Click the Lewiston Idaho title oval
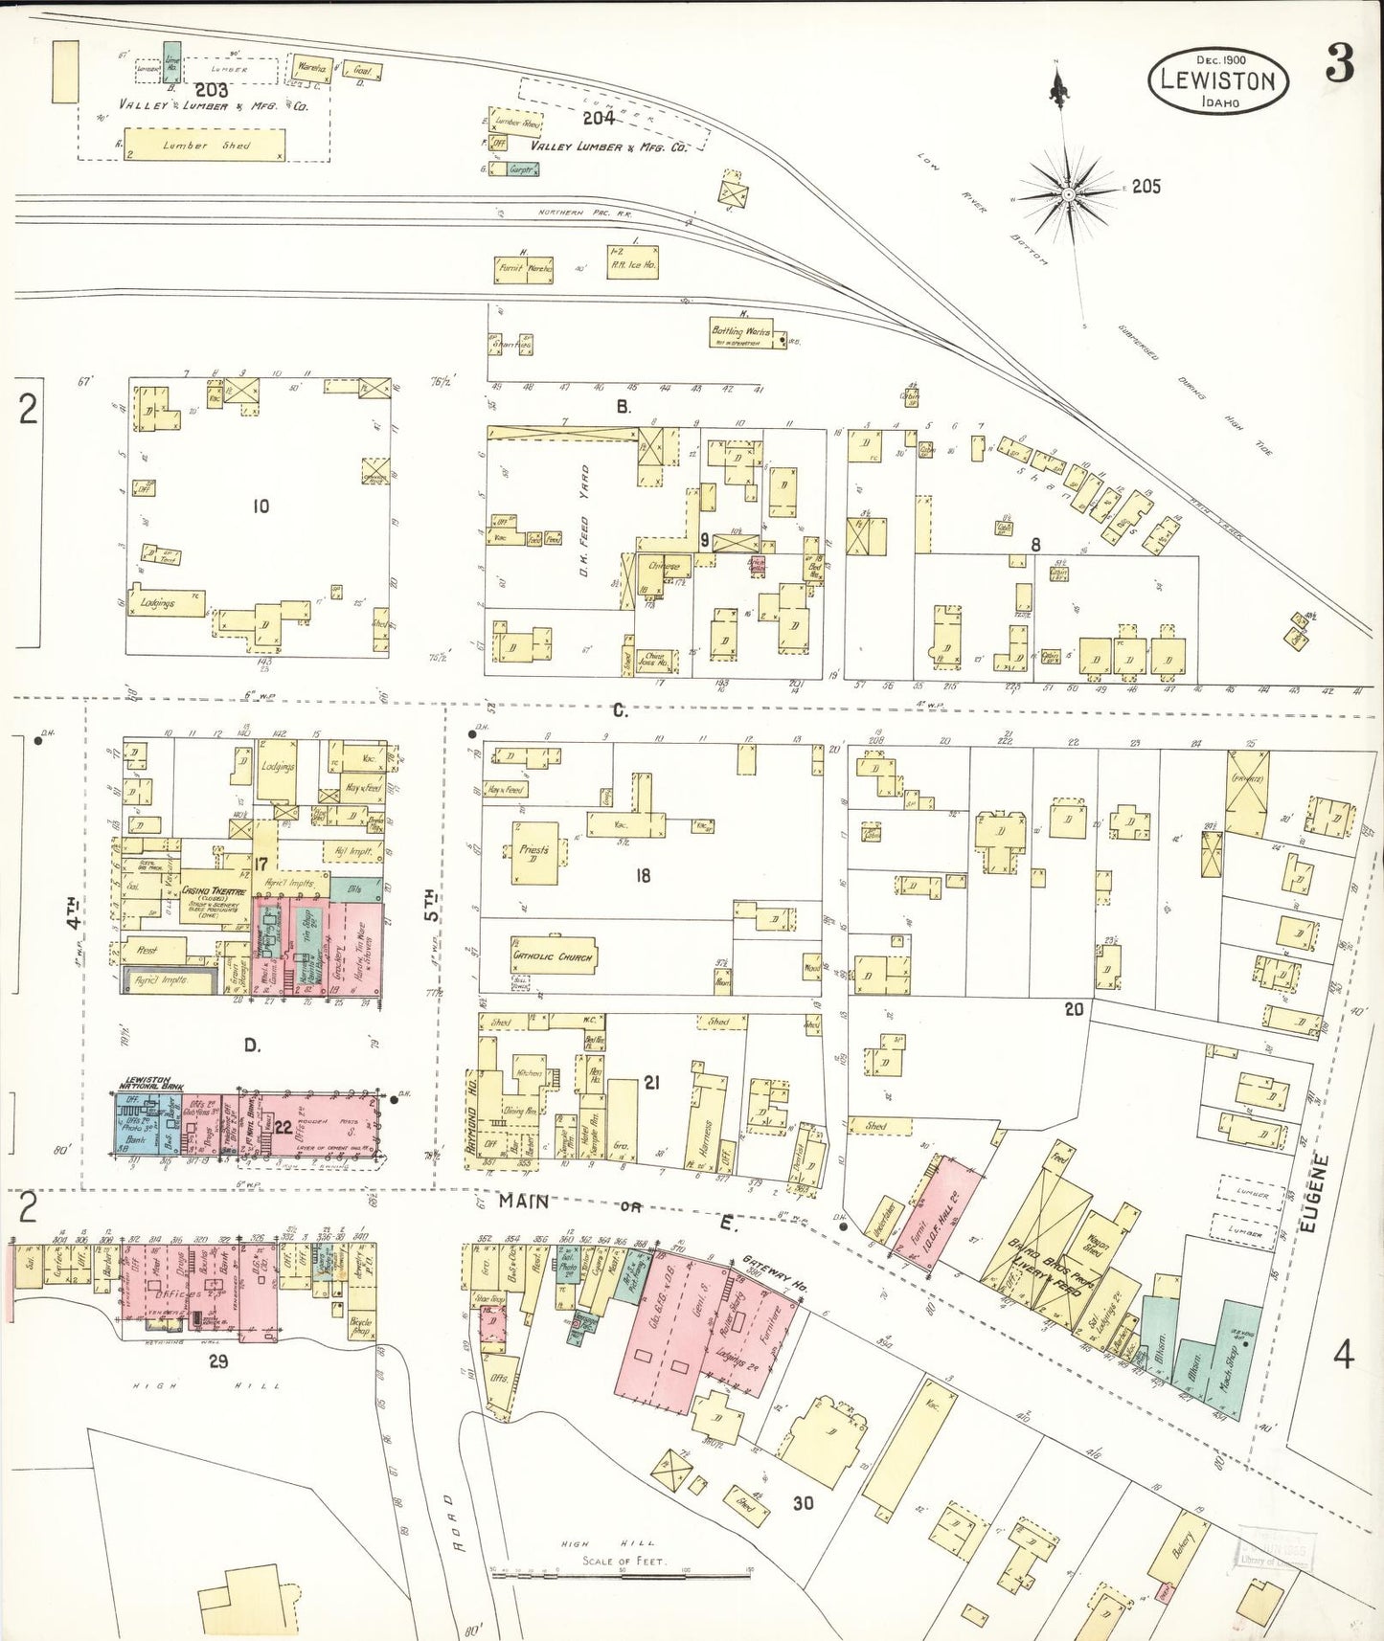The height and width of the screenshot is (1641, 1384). (1217, 81)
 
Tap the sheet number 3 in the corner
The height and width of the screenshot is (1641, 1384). (1340, 64)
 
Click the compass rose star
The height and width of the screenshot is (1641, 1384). (1068, 194)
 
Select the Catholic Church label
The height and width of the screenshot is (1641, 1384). (553, 955)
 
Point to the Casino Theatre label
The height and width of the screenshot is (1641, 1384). (214, 891)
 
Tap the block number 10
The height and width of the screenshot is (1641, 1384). (261, 506)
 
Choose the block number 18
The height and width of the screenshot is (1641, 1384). (643, 875)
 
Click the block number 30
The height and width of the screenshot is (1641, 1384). (803, 1502)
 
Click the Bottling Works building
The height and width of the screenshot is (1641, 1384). (740, 333)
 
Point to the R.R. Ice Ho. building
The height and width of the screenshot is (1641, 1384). (633, 263)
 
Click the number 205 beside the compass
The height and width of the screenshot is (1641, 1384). (1146, 187)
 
